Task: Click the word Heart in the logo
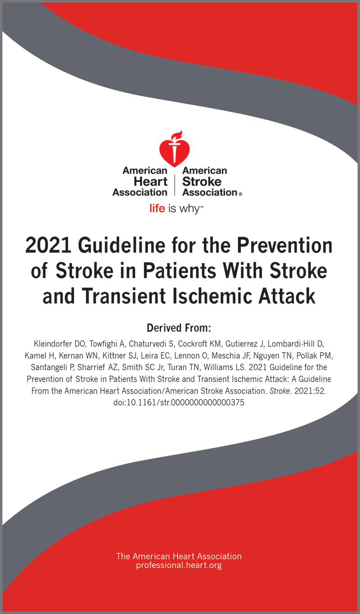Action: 150,181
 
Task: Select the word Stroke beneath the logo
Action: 202,181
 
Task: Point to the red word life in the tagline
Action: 157,209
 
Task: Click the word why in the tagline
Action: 189,209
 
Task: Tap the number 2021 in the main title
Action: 49,246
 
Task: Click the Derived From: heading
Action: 179,327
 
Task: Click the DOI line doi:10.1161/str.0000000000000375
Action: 179,403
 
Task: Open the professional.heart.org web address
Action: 179,565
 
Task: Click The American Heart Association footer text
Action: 179,556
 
